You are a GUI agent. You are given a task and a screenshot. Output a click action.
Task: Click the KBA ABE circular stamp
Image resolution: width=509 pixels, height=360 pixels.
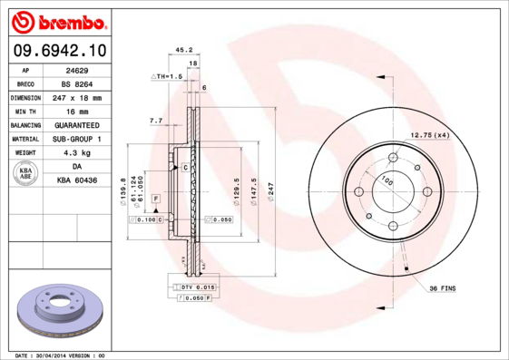[x=26, y=174]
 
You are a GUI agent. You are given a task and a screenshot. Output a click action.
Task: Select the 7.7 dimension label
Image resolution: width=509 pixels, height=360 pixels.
[x=155, y=120]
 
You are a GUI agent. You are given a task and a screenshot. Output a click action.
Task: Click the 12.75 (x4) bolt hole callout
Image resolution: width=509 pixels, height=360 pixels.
[x=430, y=135]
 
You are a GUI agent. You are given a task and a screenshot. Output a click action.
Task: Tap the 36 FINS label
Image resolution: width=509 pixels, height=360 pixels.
[x=442, y=287]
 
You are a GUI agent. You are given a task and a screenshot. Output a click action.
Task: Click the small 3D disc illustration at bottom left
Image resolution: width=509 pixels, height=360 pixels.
[x=56, y=310]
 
